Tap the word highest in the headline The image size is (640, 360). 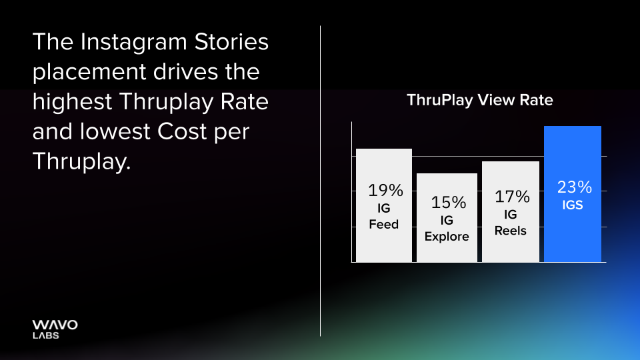coord(71,102)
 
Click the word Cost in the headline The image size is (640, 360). coord(186,131)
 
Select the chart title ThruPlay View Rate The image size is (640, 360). coord(479,100)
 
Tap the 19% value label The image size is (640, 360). coord(386,191)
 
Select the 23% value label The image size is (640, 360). coord(574,187)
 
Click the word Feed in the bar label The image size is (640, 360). coord(384,225)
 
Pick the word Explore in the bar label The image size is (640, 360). coord(447,237)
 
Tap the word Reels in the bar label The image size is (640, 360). coord(511,231)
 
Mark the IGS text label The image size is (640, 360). coord(573,205)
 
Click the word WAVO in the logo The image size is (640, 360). coord(55,325)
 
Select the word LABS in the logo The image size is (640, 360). coord(45,335)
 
